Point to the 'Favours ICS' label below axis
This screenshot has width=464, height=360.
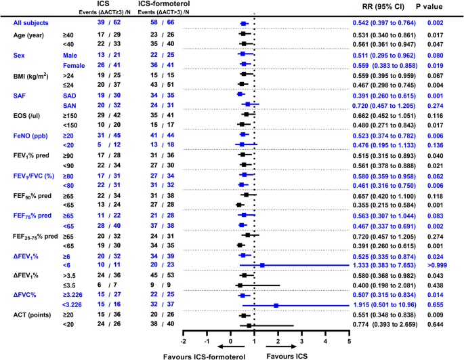tap(286, 355)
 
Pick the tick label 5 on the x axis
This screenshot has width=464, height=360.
tap(349, 341)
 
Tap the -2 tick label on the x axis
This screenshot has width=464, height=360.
tap(184, 341)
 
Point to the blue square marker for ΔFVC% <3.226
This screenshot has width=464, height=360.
tap(276, 305)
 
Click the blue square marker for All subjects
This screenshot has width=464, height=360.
tap(243, 23)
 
